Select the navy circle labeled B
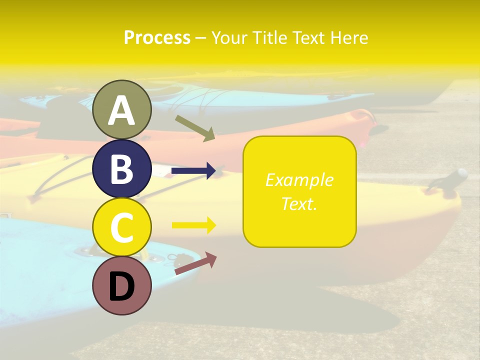(122, 168)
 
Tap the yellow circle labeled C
(122, 227)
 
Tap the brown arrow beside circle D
(195, 263)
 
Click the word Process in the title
(157, 38)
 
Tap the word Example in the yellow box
(299, 180)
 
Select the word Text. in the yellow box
(299, 203)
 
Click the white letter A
(122, 110)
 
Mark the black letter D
(122, 287)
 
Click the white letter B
(122, 169)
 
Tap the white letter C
(122, 228)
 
